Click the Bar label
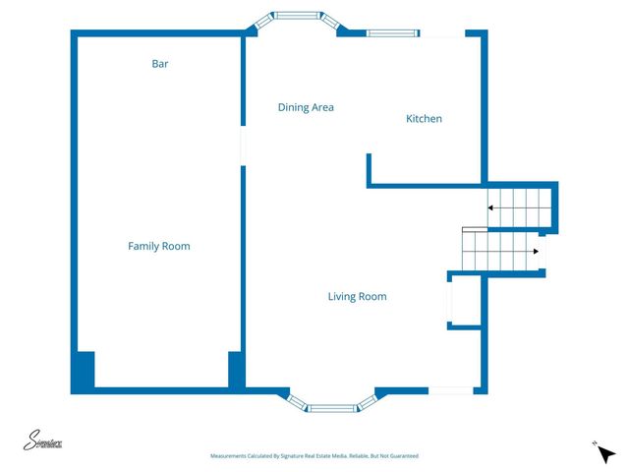(159, 64)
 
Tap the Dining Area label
(306, 107)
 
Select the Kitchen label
(425, 119)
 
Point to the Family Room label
(159, 246)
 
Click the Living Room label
(357, 296)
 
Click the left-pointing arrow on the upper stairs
(490, 206)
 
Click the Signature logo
(43, 442)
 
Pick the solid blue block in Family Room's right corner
(236, 370)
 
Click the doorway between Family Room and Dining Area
(242, 146)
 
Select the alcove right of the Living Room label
(464, 300)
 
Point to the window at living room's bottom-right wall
(450, 390)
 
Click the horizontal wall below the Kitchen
(426, 184)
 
